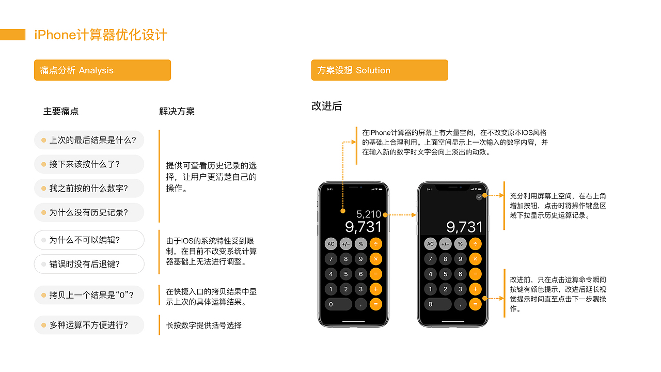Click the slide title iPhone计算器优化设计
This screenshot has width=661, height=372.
[101, 35]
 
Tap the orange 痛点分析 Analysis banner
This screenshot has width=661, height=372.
[102, 70]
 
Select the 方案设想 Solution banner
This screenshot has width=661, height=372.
[380, 70]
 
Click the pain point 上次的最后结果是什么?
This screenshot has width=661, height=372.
[89, 140]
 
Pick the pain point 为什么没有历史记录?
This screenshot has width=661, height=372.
[89, 212]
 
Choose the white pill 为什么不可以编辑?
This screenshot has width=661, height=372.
[89, 240]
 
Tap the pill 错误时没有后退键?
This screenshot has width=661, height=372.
[89, 264]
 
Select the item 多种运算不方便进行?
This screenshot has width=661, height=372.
[89, 325]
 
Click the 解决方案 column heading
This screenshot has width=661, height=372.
[177, 111]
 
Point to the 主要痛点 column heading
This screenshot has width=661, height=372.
[61, 111]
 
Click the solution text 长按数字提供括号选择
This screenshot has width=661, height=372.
[203, 326]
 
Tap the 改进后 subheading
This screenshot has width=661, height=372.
[327, 106]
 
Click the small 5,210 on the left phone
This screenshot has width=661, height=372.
[369, 214]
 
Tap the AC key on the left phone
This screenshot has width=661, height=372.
[331, 244]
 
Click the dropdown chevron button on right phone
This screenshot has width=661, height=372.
[479, 197]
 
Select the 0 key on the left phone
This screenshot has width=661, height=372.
[338, 304]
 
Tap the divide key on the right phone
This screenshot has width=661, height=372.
[475, 244]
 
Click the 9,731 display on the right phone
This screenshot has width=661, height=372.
[464, 227]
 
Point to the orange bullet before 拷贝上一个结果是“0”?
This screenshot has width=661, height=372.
[44, 295]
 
